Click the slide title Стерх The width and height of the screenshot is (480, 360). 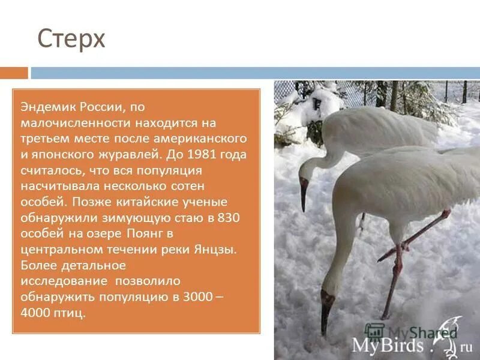tap(71, 40)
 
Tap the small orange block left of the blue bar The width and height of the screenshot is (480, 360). tap(14, 73)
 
